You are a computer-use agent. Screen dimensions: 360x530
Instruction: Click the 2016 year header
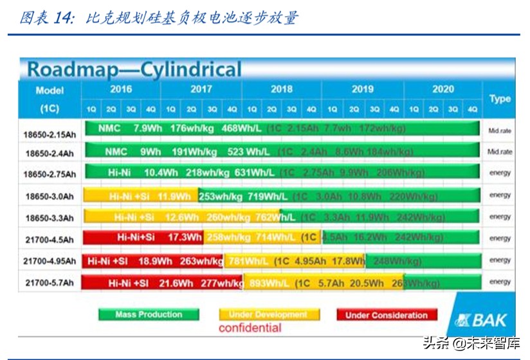coord(120,89)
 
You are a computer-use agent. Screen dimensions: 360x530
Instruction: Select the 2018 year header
coord(281,89)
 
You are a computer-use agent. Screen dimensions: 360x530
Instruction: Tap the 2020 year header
coord(443,89)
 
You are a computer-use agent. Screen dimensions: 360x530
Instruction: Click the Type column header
coord(500,99)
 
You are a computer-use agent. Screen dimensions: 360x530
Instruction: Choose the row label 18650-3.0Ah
coord(50,196)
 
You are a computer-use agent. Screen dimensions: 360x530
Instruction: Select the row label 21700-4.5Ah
coord(50,240)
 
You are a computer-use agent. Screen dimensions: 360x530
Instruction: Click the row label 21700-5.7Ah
coord(50,283)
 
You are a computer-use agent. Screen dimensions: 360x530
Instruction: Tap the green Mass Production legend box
coord(149,314)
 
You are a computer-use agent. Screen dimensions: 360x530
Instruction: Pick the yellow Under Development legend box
coord(268,314)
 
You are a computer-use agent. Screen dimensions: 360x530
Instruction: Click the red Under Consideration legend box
coord(387,315)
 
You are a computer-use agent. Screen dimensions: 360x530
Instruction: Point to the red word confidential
coord(250,328)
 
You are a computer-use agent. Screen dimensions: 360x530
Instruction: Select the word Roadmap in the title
coord(71,69)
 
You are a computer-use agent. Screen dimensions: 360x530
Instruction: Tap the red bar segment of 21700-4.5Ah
coord(143,238)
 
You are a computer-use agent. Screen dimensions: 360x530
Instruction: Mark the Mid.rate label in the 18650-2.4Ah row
coord(500,152)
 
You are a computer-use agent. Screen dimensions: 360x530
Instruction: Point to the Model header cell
coord(50,90)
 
